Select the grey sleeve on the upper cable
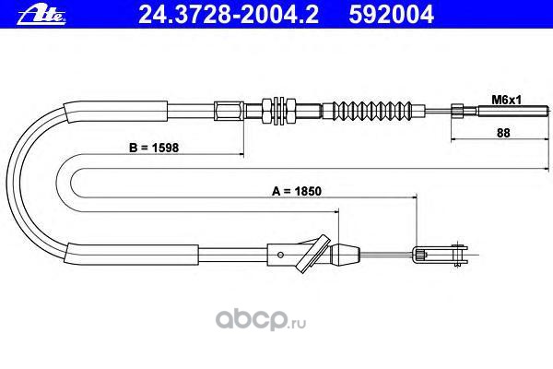pos(138,110)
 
